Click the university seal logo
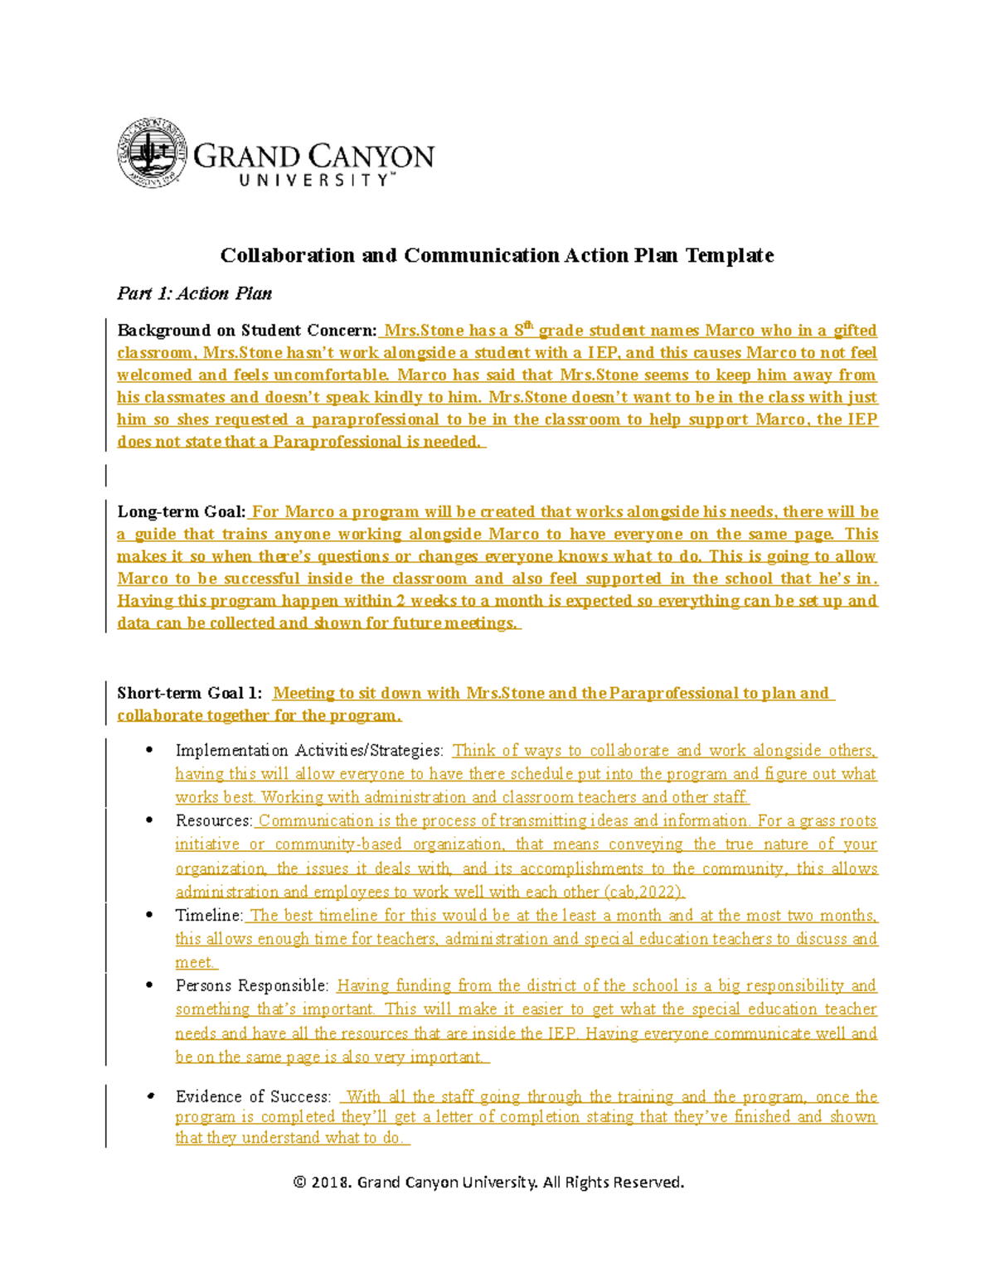[151, 153]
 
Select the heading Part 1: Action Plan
[194, 293]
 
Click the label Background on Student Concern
[246, 331]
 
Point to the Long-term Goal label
[181, 512]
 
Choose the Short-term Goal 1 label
[189, 693]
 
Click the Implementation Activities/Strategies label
[309, 751]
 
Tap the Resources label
[213, 820]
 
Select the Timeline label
[208, 916]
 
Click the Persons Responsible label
[252, 986]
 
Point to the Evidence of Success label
[253, 1096]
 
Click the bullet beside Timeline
[149, 915]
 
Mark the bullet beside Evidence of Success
[149, 1096]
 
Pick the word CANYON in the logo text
[371, 156]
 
